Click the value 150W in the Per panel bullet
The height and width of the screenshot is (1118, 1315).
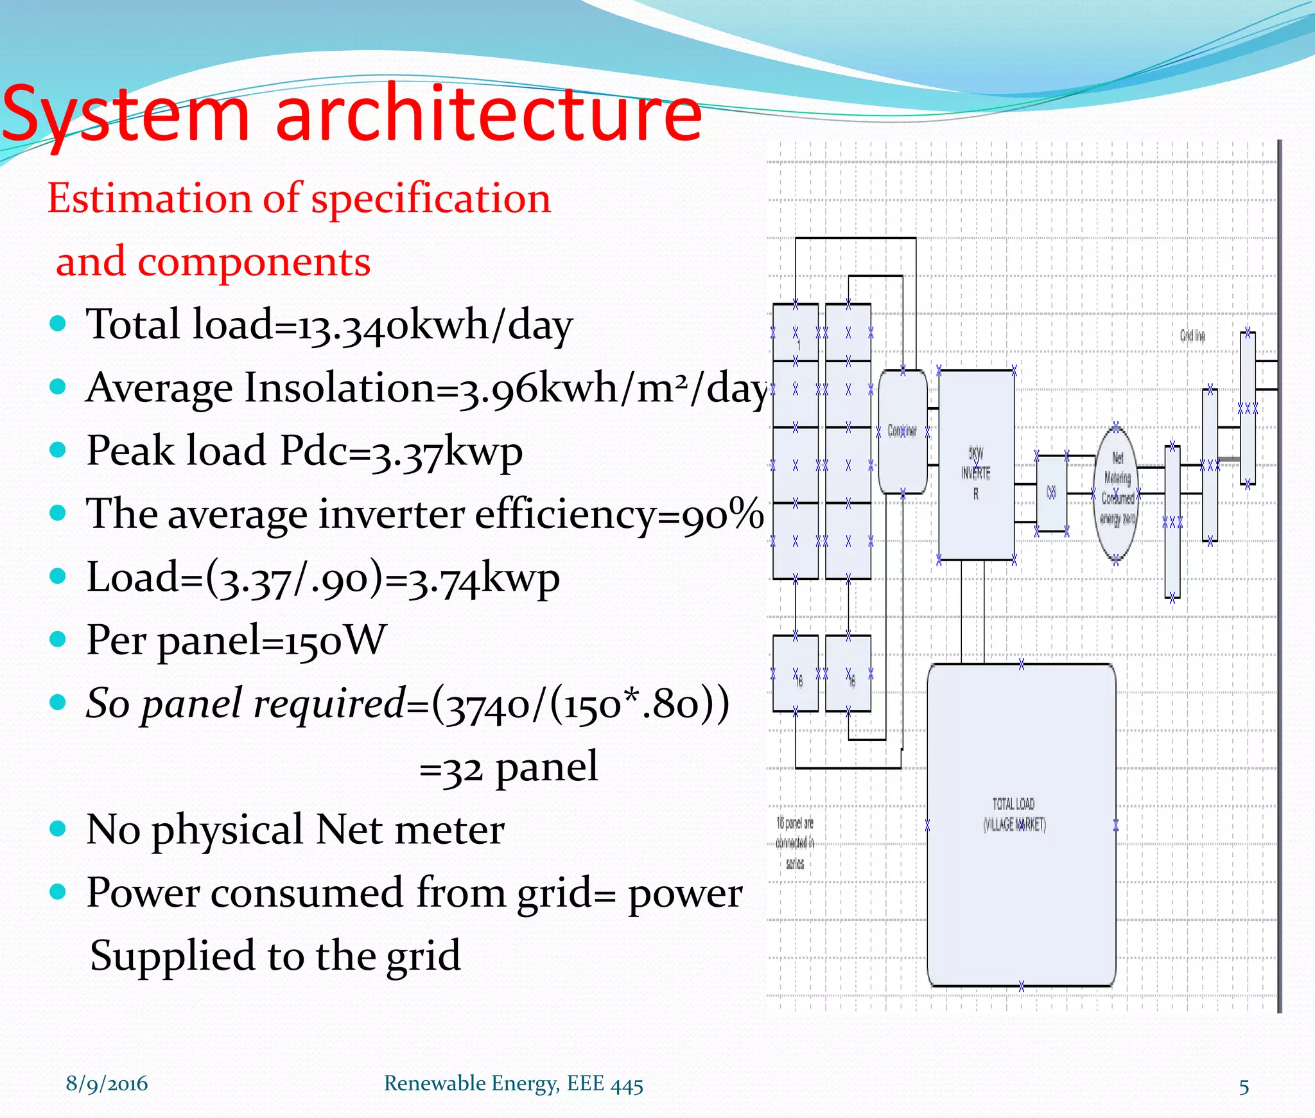click(x=335, y=640)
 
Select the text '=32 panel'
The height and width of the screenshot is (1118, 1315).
click(x=508, y=767)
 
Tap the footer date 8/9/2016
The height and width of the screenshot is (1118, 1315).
click(x=107, y=1084)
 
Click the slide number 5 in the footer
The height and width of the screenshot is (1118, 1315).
click(x=1244, y=1087)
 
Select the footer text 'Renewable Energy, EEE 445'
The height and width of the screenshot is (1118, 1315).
click(x=513, y=1084)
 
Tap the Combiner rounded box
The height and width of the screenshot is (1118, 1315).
click(x=902, y=431)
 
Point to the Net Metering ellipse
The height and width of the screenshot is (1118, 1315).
click(x=1117, y=492)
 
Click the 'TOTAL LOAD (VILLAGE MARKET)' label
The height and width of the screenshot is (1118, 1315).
click(x=1014, y=814)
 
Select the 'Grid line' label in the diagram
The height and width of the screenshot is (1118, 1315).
click(x=1192, y=336)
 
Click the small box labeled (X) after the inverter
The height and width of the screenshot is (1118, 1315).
click(x=1051, y=493)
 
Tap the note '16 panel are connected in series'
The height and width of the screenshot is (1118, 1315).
click(x=795, y=843)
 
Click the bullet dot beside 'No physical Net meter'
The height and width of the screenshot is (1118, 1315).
click(x=58, y=829)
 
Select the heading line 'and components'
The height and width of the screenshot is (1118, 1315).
click(x=213, y=262)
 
